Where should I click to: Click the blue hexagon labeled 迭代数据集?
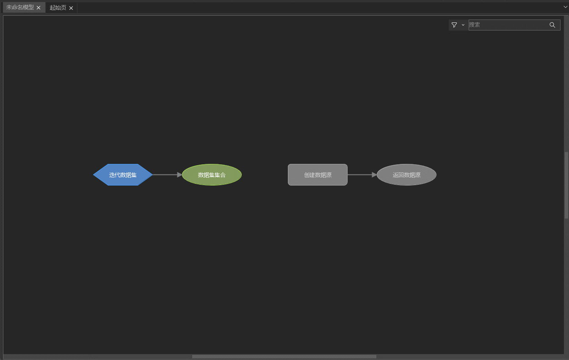[123, 174]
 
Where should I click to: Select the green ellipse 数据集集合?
[212, 174]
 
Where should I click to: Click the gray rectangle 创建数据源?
[318, 174]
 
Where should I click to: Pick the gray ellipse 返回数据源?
[406, 174]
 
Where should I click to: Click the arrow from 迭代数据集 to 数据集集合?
[165, 174]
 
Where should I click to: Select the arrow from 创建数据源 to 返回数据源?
[360, 174]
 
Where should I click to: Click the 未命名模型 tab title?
[20, 8]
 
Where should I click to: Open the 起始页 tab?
[58, 8]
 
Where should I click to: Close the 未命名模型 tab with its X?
[39, 8]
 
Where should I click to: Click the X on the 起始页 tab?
[71, 8]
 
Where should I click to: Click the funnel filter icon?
[454, 25]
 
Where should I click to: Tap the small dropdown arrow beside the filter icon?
[463, 25]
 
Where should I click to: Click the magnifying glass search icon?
[552, 25]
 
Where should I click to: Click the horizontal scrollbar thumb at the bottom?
[284, 357]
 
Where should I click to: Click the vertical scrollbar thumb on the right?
[566, 185]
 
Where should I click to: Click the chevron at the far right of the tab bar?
[565, 7]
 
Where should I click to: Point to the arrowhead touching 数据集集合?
[180, 174]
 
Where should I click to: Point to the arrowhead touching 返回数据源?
[374, 174]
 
